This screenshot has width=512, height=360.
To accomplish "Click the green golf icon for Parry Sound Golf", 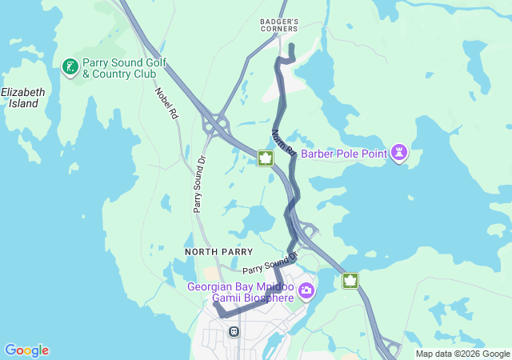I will (x=70, y=68).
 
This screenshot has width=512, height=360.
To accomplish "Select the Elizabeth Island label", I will (x=22, y=98).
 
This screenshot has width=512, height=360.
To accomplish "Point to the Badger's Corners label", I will (x=279, y=25).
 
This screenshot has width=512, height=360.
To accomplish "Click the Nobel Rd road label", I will (x=166, y=102).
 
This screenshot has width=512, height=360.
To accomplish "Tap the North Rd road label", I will (x=284, y=142).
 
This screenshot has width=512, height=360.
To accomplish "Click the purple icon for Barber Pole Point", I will (x=399, y=153).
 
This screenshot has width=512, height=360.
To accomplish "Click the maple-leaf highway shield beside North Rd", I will (x=266, y=158).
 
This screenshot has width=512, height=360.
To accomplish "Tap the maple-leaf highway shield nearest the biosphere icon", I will (x=350, y=281).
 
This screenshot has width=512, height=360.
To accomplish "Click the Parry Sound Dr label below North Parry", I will (x=270, y=263).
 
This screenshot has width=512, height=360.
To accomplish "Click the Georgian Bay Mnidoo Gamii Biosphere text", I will (x=241, y=292).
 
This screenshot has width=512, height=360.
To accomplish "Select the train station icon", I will (x=234, y=331).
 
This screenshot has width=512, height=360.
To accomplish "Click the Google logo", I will (x=26, y=350).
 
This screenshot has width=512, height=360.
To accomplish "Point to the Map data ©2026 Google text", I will (x=462, y=354).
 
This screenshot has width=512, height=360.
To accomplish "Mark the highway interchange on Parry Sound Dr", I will (x=214, y=124).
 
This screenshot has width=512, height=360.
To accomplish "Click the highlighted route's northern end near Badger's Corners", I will (x=292, y=46).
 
